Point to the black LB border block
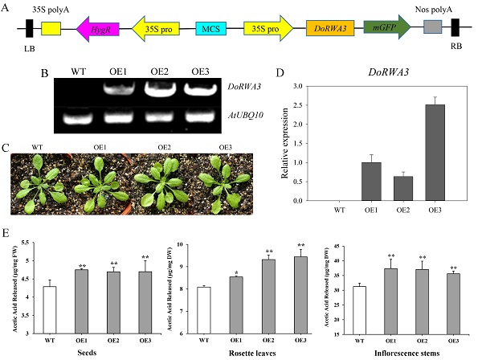[x=30, y=28]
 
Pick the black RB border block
[x=455, y=28]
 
